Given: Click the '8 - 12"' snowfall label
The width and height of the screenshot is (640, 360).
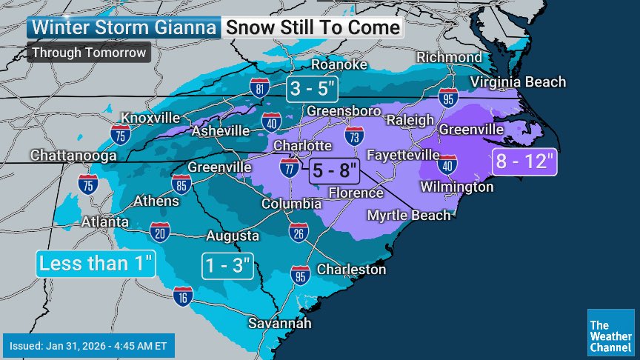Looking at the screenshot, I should [x=524, y=161].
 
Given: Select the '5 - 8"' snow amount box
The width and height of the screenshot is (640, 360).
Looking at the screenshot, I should [x=334, y=169].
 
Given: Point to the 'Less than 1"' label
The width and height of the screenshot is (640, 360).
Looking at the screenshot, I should [x=96, y=263].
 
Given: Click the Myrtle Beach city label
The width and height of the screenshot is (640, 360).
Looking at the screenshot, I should [x=409, y=215].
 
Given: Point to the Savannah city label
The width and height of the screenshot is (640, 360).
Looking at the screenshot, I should [x=280, y=324].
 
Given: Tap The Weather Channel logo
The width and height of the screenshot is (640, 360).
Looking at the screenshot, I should [x=610, y=331].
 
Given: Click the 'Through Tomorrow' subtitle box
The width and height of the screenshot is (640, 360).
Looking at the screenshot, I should [x=89, y=53].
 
